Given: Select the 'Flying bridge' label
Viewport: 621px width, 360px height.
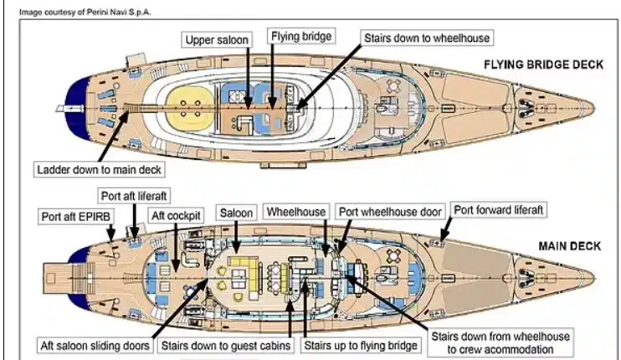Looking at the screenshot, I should (300, 37).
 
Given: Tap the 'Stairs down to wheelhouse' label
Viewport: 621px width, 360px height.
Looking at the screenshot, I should (425, 39).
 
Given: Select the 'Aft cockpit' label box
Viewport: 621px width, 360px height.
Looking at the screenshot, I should (176, 215).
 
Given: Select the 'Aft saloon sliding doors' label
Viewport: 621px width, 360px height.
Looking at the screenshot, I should (95, 345).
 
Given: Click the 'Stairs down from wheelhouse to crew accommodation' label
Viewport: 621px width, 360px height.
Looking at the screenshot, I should (500, 343).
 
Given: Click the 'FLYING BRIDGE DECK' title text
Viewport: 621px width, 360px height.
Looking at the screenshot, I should (542, 64).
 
